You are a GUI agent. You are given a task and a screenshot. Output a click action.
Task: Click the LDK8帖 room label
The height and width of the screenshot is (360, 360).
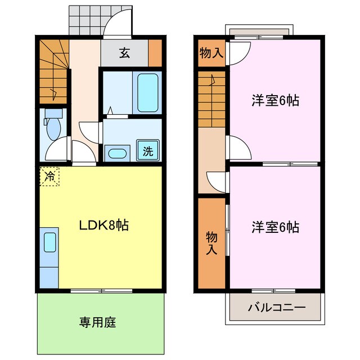tap(103, 226)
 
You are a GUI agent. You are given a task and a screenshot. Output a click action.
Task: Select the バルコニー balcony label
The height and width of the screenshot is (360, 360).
tap(276, 308)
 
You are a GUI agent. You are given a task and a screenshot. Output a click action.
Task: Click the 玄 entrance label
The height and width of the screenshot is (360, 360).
tap(124, 54)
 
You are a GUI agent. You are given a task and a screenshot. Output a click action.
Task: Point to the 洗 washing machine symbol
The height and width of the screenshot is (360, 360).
tap(148, 151)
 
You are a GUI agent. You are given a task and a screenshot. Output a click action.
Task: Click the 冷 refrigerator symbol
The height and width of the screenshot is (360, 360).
tap(49, 176)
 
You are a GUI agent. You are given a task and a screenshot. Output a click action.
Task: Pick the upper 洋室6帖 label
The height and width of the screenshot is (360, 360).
tap(274, 101)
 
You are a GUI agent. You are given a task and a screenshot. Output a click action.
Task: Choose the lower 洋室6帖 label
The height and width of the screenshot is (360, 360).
tap(274, 227)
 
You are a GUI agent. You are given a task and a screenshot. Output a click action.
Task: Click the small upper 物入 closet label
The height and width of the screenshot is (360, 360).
tap(211, 54)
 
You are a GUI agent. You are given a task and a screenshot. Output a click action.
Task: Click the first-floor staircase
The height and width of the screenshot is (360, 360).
tap(53, 70)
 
